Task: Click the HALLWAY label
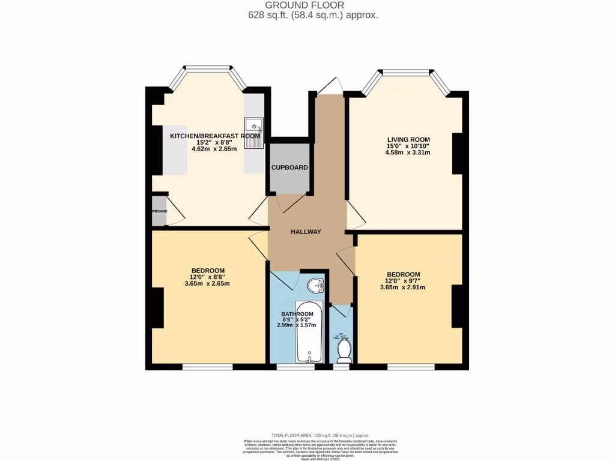coord(306,232)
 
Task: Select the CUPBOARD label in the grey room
coord(289,167)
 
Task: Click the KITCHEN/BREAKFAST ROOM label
coord(207,136)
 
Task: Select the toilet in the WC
coord(344,351)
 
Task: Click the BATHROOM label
coord(297,314)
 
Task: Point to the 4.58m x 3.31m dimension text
coord(408,152)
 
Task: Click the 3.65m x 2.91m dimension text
coord(402,287)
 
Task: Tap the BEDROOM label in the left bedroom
coord(208,270)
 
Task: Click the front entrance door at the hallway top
coord(329,86)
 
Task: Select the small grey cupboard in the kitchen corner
coord(159,211)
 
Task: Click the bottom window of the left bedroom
coord(207,367)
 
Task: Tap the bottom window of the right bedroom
coord(411,367)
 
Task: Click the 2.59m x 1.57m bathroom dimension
coord(297,325)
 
